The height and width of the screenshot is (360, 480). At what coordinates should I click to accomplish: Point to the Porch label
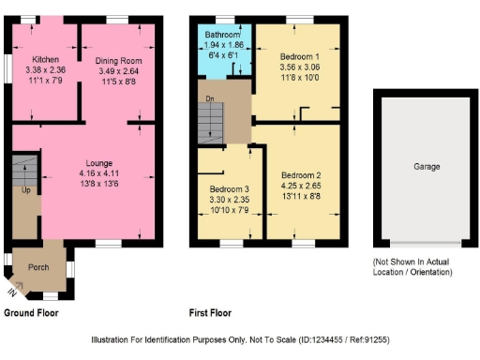pyautogui.click(x=38, y=266)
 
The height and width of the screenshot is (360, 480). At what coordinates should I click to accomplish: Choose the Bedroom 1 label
pyautogui.click(x=300, y=57)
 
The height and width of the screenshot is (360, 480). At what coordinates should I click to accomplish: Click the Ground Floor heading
pyautogui.click(x=37, y=313)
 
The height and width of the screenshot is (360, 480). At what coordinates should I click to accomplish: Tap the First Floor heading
pyautogui.click(x=210, y=313)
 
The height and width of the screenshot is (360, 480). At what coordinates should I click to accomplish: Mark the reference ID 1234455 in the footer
pyautogui.click(x=338, y=338)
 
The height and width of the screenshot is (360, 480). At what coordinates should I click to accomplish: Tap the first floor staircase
pyautogui.click(x=213, y=121)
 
